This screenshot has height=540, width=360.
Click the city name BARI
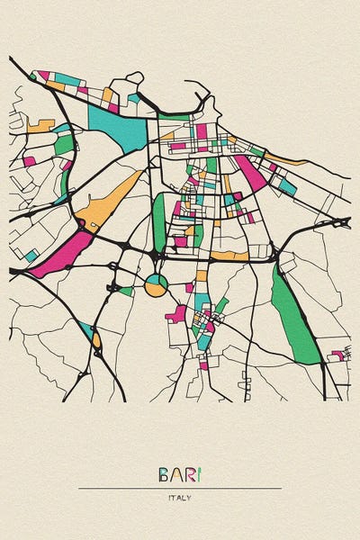(x=180, y=474)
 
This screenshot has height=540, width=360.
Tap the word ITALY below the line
(x=179, y=497)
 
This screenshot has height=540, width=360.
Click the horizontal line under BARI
(x=180, y=488)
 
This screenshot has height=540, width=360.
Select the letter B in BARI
(x=164, y=474)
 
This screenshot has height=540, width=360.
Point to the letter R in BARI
(x=188, y=474)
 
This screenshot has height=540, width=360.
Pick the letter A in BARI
(x=175, y=474)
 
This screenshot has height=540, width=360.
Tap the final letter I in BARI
(x=199, y=474)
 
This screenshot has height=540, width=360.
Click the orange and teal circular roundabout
(x=157, y=285)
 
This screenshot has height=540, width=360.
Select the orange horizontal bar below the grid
(x=229, y=256)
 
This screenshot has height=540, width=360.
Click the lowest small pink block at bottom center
(x=204, y=364)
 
